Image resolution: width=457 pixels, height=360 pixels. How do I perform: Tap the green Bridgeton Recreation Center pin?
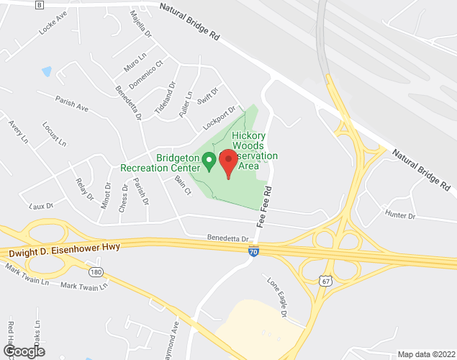(209, 161)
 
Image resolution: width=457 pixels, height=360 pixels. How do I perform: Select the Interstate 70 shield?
(253, 251)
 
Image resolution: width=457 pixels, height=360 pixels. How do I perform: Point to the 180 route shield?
(96, 273)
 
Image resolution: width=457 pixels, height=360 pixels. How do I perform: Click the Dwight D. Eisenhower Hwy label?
(64, 249)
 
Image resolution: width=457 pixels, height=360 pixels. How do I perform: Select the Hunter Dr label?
(401, 215)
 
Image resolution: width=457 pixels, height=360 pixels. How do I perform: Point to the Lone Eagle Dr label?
(278, 297)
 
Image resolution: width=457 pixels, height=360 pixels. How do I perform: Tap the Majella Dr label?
(140, 24)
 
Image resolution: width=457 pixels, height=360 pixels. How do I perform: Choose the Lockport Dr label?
(219, 117)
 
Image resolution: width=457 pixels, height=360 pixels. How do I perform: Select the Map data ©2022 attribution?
(425, 354)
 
